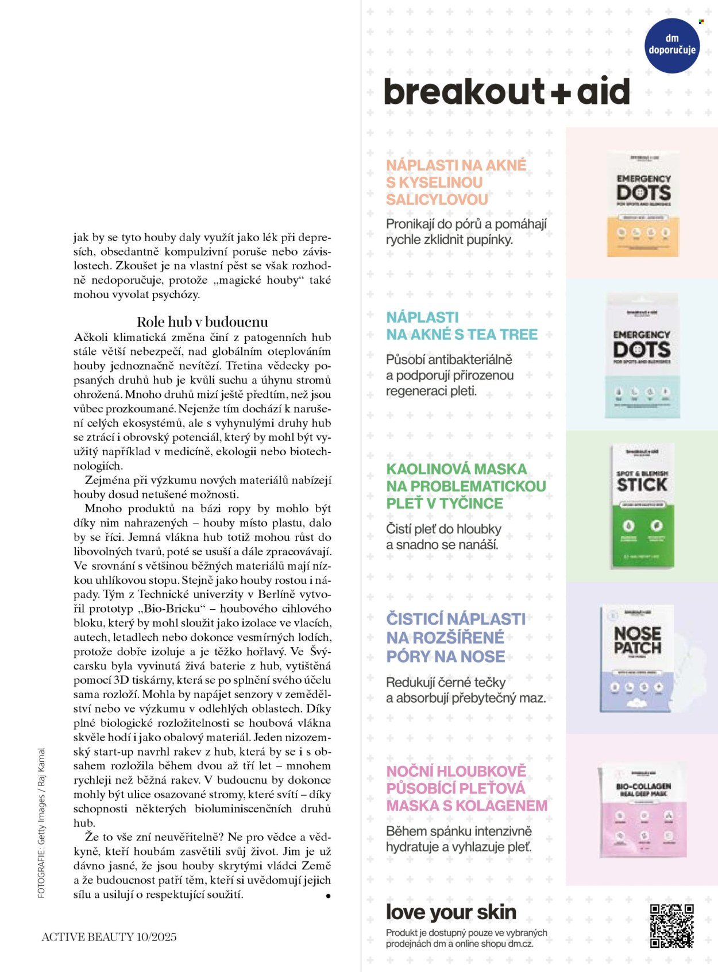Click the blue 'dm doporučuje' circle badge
click(672, 45)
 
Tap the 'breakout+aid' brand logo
click(507, 92)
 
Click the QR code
click(671, 925)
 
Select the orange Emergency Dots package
click(643, 204)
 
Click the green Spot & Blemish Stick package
click(642, 505)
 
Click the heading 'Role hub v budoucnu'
click(202, 322)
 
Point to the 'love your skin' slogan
click(451, 912)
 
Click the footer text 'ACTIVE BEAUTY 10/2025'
click(109, 937)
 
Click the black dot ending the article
click(328, 895)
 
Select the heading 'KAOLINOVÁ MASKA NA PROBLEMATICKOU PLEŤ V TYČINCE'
click(466, 486)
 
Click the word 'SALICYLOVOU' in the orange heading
click(437, 200)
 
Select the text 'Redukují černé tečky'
click(446, 682)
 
